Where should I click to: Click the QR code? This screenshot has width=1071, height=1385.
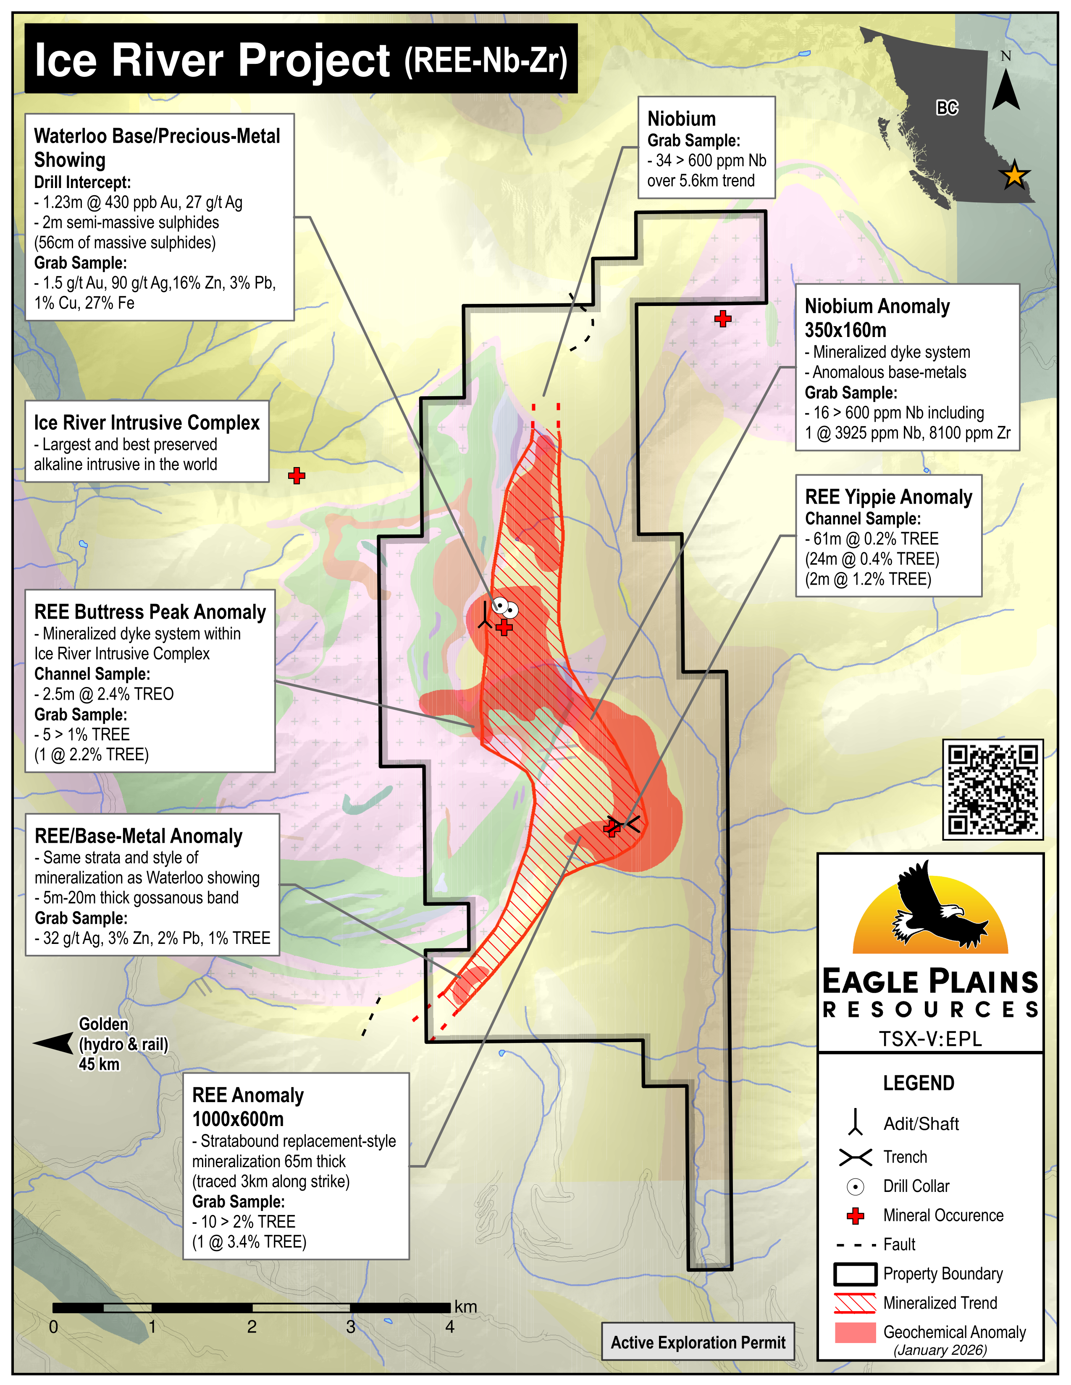click(x=992, y=789)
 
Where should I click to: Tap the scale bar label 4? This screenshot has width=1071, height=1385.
click(x=450, y=1327)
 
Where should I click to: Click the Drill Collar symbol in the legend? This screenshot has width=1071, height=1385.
click(x=855, y=1186)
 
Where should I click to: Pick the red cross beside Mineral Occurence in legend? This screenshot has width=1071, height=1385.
click(x=855, y=1216)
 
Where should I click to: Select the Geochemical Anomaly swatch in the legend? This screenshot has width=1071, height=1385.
click(x=855, y=1333)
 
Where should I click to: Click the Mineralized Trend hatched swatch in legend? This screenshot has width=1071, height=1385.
click(x=855, y=1303)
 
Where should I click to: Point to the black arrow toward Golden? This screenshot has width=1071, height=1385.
click(x=53, y=1043)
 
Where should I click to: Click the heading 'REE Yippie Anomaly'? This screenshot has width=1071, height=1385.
click(x=888, y=497)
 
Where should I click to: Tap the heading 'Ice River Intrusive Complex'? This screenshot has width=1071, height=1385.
click(x=147, y=423)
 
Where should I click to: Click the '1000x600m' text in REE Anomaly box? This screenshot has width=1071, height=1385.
click(x=238, y=1119)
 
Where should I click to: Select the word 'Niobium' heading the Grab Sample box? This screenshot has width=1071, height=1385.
click(x=681, y=119)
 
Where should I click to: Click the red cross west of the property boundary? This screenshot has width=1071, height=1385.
click(x=296, y=476)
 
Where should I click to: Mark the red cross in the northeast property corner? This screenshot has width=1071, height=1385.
click(x=723, y=319)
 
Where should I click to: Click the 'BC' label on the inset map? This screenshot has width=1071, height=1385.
click(x=947, y=108)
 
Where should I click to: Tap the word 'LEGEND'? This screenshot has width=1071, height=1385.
click(x=918, y=1083)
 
